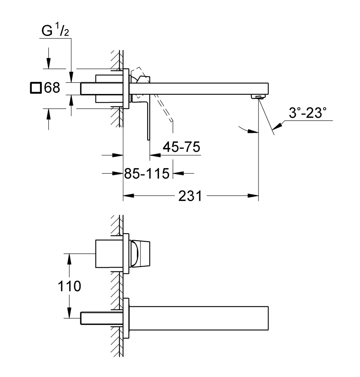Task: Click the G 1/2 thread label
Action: (55, 29)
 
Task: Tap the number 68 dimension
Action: (52, 88)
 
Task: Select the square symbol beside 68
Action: (36, 88)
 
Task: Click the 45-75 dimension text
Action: (181, 147)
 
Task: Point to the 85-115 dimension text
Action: (147, 174)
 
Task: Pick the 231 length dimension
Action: (190, 196)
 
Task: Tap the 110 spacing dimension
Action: (69, 286)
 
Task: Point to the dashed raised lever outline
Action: (153, 94)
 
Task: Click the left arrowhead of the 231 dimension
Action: (129, 196)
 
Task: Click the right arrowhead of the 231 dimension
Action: (253, 196)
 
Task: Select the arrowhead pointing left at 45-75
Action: (155, 155)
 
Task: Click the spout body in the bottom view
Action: (199, 318)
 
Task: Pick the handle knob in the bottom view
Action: (141, 253)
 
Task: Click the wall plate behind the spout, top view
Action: (126, 89)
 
